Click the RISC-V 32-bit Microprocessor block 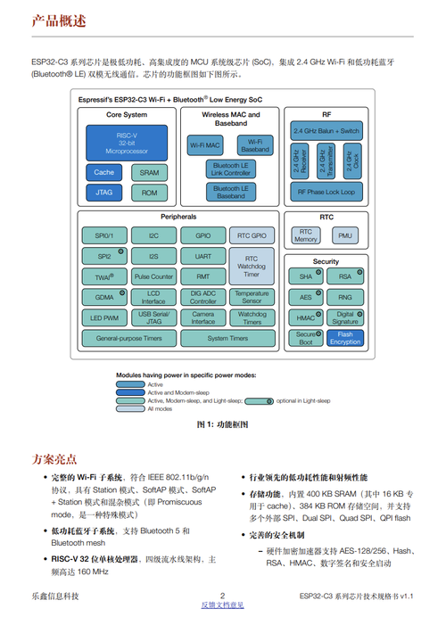[125, 143]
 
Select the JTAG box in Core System [103, 192]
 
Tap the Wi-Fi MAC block [205, 144]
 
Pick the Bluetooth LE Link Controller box [231, 169]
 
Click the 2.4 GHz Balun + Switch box [326, 130]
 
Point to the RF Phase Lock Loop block [326, 192]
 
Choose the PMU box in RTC [345, 236]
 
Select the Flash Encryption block [345, 338]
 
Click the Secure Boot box [306, 338]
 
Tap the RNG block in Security [345, 297]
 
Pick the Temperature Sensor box [252, 297]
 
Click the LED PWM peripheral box [103, 317]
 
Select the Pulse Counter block [153, 276]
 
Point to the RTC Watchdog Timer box [252, 266]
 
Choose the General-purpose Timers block [128, 339]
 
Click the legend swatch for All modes [130, 408]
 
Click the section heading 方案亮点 [54, 459]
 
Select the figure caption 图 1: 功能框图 [222, 426]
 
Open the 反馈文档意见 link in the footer [222, 605]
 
